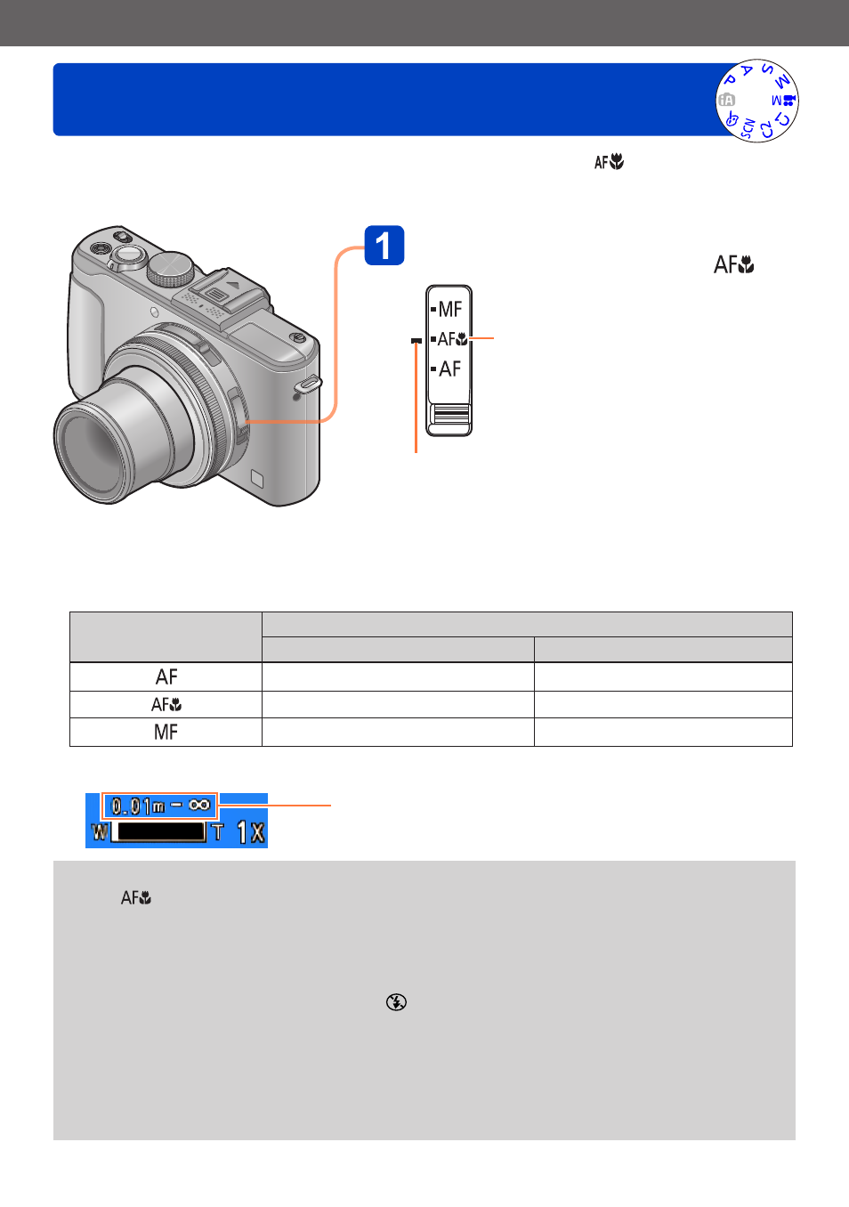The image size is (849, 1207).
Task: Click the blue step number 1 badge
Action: point(384,245)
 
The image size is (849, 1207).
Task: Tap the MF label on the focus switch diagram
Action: point(449,309)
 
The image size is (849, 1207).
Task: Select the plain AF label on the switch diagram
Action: point(449,369)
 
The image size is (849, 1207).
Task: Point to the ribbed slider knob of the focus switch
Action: point(449,415)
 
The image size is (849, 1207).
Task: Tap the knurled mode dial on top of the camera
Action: point(171,268)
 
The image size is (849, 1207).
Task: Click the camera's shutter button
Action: point(128,254)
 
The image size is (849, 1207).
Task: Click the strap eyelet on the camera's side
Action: point(309,384)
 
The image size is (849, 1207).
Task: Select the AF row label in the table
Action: point(166,676)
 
